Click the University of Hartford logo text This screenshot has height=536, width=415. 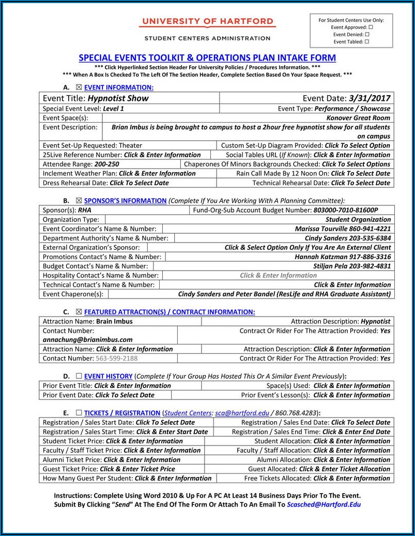[x=207, y=22]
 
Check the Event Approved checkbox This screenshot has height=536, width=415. [x=371, y=27]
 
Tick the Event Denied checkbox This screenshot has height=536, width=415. [x=367, y=35]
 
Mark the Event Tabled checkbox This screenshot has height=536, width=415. [x=367, y=42]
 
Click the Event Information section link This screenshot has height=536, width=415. [x=118, y=87]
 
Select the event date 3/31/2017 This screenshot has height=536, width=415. [x=370, y=98]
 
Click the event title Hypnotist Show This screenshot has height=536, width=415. [x=118, y=98]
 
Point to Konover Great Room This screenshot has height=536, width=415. [x=358, y=118]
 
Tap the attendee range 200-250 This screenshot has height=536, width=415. [x=103, y=164]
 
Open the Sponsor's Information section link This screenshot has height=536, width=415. [x=125, y=201]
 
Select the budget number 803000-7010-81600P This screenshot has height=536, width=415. [x=346, y=210]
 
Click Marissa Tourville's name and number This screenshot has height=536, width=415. [x=343, y=229]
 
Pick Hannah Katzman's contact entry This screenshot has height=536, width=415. [x=343, y=257]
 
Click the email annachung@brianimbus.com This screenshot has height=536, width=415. [x=87, y=340]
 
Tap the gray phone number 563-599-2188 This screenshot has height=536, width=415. [x=116, y=358]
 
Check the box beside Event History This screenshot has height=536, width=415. [x=79, y=376]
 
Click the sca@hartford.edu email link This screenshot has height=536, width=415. [x=242, y=413]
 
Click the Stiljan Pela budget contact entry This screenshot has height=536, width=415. [x=351, y=266]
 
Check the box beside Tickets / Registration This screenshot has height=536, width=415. [x=79, y=413]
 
